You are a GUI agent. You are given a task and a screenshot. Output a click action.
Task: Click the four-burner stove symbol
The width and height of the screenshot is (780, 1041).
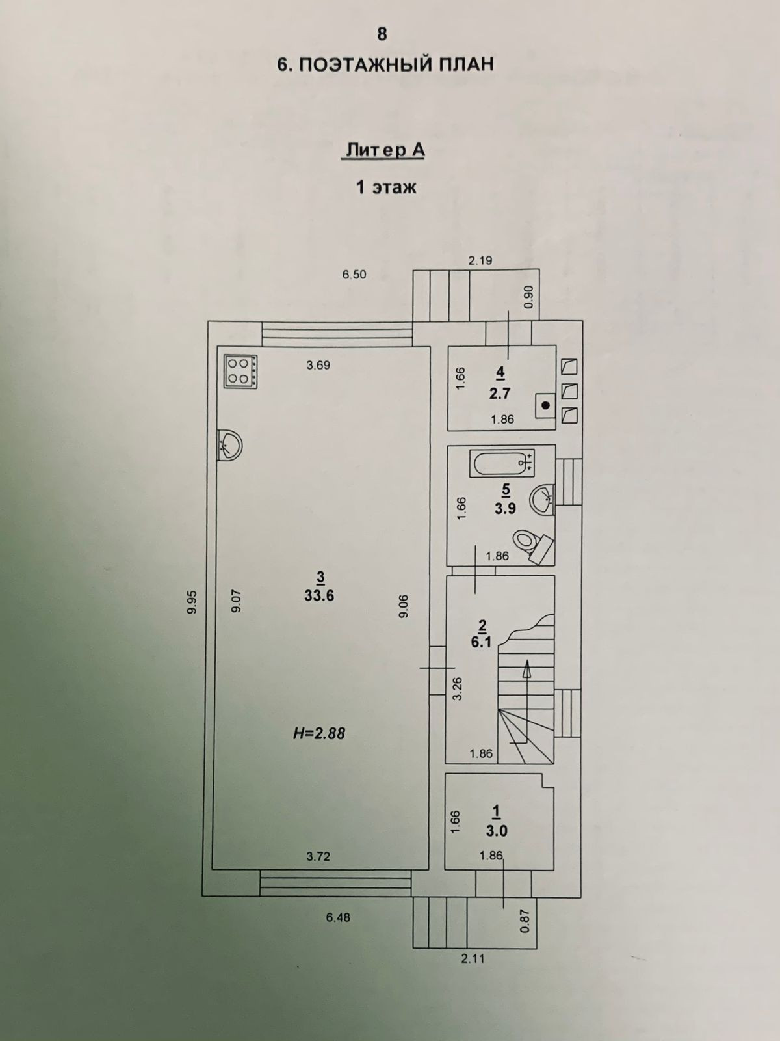[x=240, y=372]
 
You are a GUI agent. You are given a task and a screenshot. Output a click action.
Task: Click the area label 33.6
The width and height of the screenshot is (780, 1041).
[x=319, y=595]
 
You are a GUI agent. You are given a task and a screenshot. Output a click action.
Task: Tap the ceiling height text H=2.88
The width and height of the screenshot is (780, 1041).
[x=318, y=733]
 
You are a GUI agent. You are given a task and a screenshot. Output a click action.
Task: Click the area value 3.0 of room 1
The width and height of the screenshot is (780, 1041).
[x=497, y=831]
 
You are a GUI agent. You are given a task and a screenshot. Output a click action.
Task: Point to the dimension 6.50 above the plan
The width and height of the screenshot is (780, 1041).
[x=354, y=275]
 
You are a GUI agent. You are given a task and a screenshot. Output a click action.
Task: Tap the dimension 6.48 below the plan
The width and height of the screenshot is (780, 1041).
[x=338, y=917]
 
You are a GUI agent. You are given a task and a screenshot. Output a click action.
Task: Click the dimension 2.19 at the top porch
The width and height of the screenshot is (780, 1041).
[x=480, y=261]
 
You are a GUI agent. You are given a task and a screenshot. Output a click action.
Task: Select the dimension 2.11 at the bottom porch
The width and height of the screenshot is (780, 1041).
[x=473, y=958]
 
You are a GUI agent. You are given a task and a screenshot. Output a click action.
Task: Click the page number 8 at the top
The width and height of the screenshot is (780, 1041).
[x=382, y=34]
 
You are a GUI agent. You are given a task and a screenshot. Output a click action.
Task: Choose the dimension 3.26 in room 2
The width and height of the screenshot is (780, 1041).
[x=457, y=688]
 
